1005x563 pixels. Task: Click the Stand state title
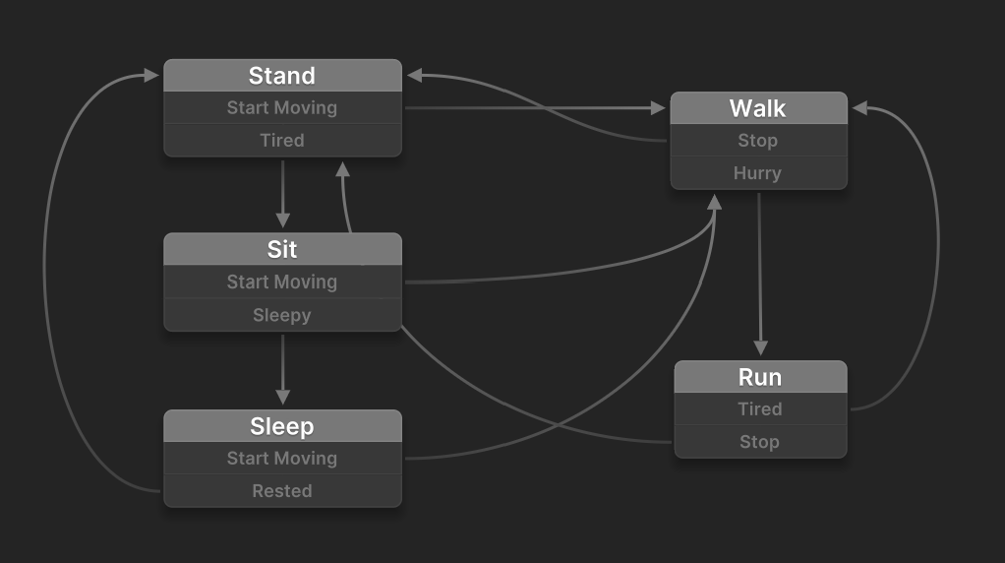click(x=282, y=76)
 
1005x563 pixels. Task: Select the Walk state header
click(x=758, y=108)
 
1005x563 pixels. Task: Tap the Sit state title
click(x=282, y=249)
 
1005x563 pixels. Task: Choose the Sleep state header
click(x=282, y=426)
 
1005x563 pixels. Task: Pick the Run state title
click(x=760, y=377)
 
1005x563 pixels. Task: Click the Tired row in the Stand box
click(x=282, y=141)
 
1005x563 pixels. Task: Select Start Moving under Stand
click(x=282, y=107)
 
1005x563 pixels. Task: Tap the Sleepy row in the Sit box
click(x=282, y=315)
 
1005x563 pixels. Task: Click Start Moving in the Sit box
click(x=282, y=282)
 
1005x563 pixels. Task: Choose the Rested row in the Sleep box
click(x=282, y=491)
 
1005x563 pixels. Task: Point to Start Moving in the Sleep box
click(x=282, y=459)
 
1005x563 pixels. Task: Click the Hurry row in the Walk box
click(x=758, y=173)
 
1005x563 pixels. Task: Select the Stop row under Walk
click(x=758, y=141)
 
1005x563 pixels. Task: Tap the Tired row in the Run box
click(x=760, y=409)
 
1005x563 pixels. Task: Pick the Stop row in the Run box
click(x=760, y=442)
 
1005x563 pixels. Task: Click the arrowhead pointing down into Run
click(x=761, y=348)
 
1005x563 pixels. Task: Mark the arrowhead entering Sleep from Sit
click(x=282, y=397)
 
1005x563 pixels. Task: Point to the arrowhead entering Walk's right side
click(x=860, y=108)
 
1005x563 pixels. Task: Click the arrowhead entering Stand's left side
click(x=151, y=76)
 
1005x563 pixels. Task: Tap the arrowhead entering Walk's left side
click(x=658, y=108)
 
